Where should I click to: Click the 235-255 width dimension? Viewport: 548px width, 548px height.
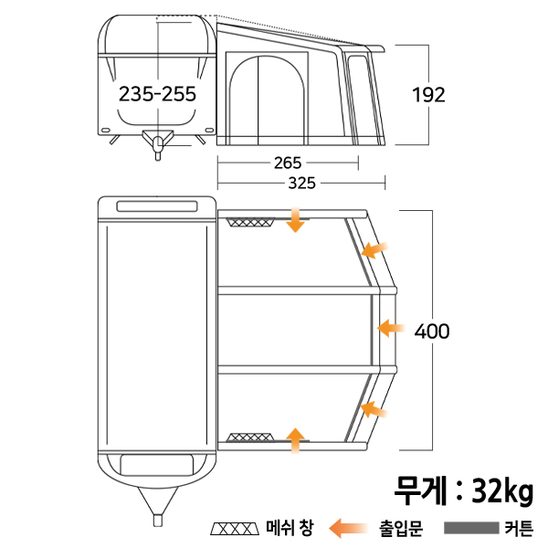coord(157,94)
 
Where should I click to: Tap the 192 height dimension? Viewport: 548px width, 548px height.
coord(428,95)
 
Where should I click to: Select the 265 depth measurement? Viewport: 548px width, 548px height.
coord(288,163)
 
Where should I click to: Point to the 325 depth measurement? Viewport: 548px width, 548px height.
coord(302,183)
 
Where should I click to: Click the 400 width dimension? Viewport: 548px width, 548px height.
coord(432,331)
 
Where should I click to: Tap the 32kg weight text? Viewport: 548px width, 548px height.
coord(502,490)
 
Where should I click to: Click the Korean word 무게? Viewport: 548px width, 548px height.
coord(420,490)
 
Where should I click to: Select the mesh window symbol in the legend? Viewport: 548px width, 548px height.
coord(235,529)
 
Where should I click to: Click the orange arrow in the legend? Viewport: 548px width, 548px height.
coord(349,528)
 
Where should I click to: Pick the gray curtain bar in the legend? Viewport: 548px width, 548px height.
coord(471,528)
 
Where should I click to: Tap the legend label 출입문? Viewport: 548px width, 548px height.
coord(402,528)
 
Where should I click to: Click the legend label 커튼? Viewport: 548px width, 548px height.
coord(520,528)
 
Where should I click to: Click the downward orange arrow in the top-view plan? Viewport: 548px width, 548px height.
coord(295,219)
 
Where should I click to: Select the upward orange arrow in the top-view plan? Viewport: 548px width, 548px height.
coord(295,441)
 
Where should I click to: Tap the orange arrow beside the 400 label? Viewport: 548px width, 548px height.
coord(391,328)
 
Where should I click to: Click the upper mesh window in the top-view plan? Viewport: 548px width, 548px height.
coord(249,222)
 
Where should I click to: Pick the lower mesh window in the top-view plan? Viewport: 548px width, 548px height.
coord(248,437)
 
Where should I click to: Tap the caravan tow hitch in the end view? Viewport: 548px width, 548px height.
coord(158,143)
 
